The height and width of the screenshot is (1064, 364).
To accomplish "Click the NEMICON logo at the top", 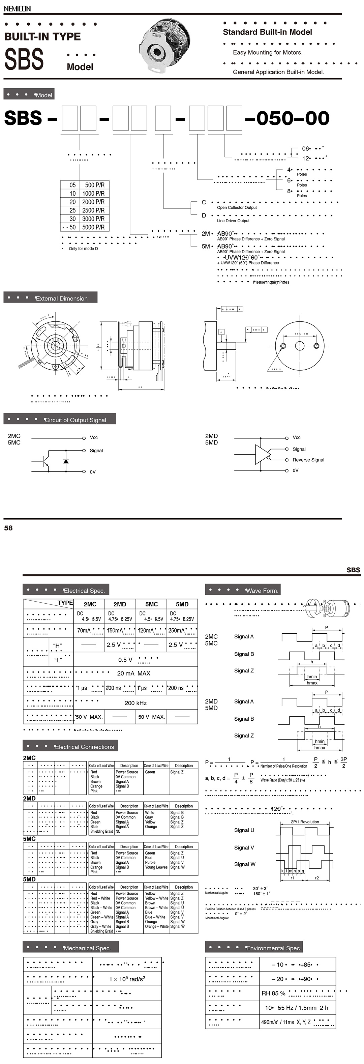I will (17, 8).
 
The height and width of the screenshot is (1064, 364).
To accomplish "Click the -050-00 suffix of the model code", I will (287, 118).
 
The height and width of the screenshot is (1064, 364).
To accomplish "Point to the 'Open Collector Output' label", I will (237, 208).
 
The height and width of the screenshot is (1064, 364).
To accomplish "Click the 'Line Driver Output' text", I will (233, 221).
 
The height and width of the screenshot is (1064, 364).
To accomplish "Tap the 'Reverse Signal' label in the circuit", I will (308, 460).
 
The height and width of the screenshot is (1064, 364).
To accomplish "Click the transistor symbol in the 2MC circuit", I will (45, 461).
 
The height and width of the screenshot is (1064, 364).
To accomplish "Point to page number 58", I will (8, 528).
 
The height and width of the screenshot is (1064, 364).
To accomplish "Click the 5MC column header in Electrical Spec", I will (151, 604).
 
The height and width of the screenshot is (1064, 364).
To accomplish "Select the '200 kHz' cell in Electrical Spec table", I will (135, 703).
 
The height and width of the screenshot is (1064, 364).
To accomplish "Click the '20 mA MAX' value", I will (134, 673).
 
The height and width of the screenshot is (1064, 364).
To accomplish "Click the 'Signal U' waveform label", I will (244, 830).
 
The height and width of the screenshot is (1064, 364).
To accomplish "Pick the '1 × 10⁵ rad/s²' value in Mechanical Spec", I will (127, 979).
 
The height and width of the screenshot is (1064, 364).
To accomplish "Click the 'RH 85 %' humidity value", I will (273, 993).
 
